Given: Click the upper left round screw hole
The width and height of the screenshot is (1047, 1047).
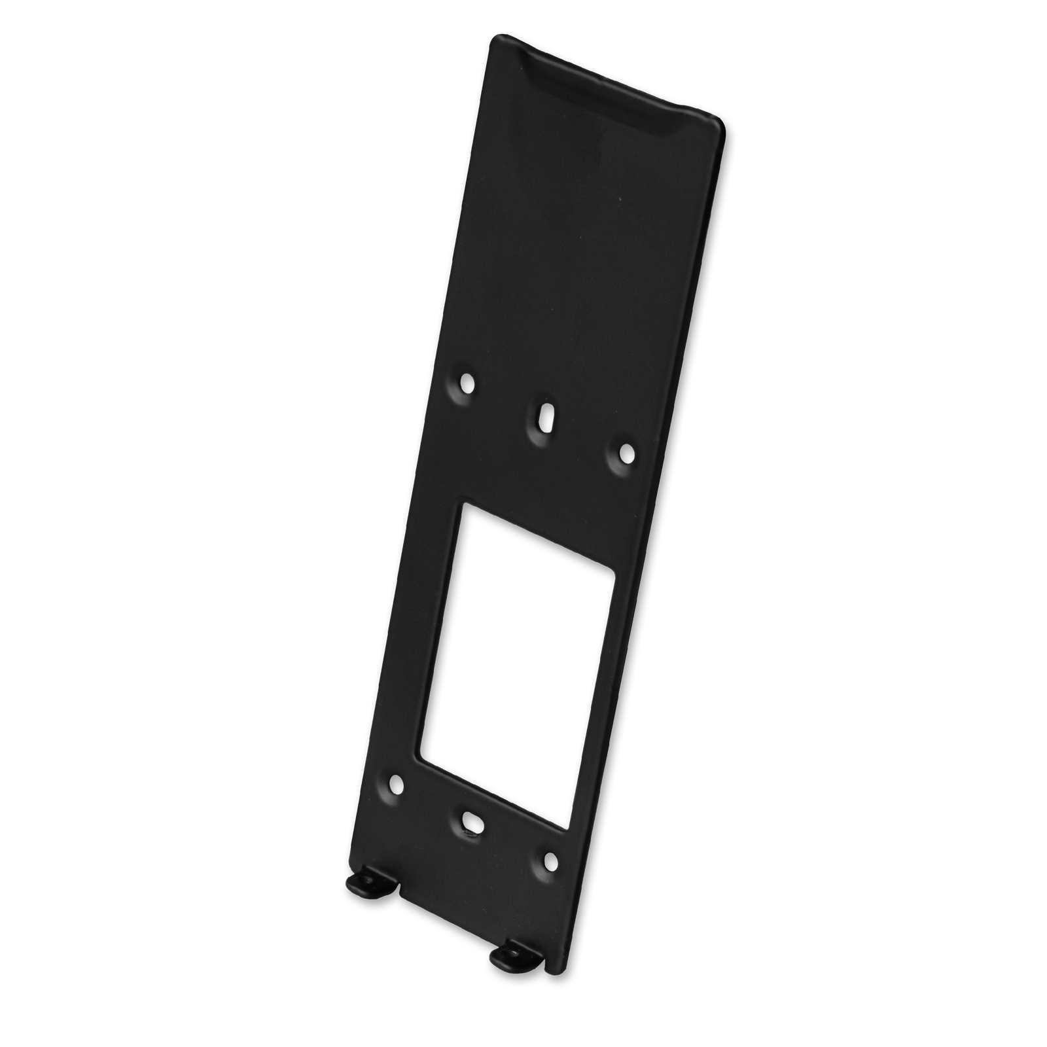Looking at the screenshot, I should coord(467,380).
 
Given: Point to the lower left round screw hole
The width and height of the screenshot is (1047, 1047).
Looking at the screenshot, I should coord(395,783).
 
